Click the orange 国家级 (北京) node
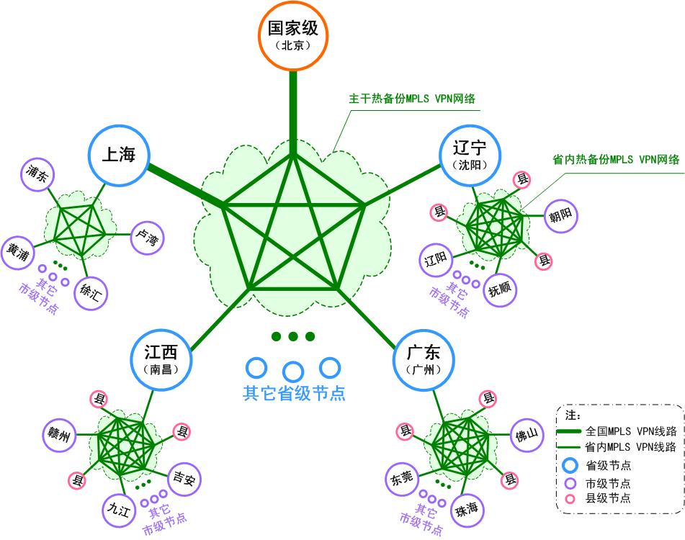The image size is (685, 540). (293, 34)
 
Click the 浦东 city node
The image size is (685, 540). (36, 174)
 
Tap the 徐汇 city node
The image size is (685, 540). (91, 293)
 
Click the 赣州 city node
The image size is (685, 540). (59, 434)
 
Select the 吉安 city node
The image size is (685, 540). (184, 478)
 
